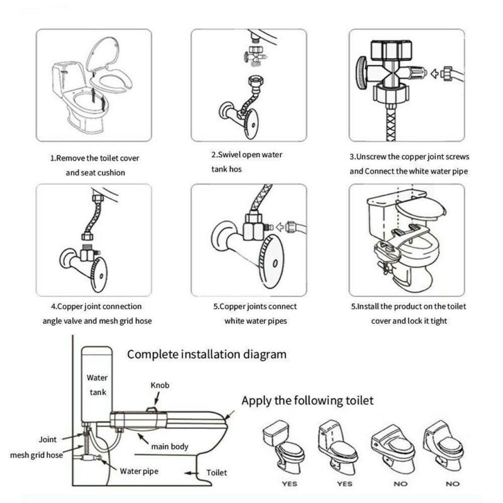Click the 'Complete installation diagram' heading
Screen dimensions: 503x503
pyautogui.click(x=207, y=354)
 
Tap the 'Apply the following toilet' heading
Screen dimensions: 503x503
pyautogui.click(x=308, y=400)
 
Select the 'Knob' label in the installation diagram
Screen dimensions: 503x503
pyautogui.click(x=159, y=385)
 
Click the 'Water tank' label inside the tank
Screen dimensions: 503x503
pyautogui.click(x=99, y=385)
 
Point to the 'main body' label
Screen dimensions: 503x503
pyautogui.click(x=169, y=446)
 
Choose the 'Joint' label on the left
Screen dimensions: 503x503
pyautogui.click(x=48, y=440)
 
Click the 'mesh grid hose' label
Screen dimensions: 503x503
pyautogui.click(x=36, y=455)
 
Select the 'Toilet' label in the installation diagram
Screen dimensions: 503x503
pyautogui.click(x=217, y=472)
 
